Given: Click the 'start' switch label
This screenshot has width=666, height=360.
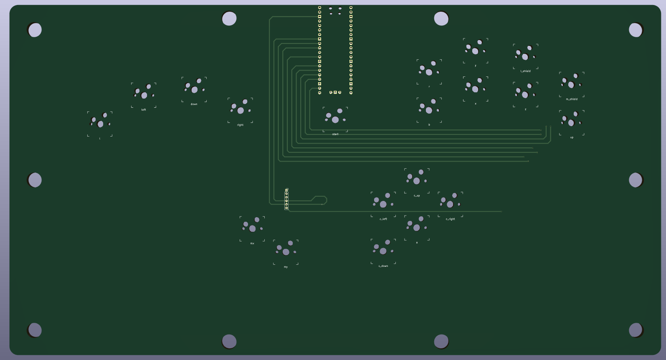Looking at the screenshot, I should [335, 134].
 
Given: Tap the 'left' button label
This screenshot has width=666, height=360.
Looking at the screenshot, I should [144, 110].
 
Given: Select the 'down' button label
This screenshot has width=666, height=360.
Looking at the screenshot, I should [194, 104].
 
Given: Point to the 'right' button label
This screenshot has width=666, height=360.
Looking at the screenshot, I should [240, 125].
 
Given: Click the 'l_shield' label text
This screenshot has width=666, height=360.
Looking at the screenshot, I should [525, 71].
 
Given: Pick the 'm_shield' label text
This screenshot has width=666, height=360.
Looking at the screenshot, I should [572, 99].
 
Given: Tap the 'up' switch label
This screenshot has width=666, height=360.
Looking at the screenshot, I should [572, 137].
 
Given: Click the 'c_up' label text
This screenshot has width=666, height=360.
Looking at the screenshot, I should [417, 195].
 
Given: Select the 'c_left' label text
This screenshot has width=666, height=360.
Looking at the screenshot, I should [383, 219].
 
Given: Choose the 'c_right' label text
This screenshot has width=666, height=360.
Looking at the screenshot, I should [450, 219].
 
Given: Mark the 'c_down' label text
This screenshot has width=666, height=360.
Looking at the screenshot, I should [383, 266].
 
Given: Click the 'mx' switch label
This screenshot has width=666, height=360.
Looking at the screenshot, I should [252, 243].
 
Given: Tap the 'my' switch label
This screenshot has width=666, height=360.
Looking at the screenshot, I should [286, 266].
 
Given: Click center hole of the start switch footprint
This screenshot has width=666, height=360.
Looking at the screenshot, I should [335, 120].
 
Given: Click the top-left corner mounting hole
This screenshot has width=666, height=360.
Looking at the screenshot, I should [35, 30].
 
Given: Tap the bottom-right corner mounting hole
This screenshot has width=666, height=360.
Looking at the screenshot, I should [636, 330].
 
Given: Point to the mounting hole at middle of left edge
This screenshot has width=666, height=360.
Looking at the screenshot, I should [35, 180].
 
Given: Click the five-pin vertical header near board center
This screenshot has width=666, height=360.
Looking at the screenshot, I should [286, 199].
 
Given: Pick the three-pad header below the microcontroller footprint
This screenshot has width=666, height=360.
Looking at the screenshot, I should [335, 92].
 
